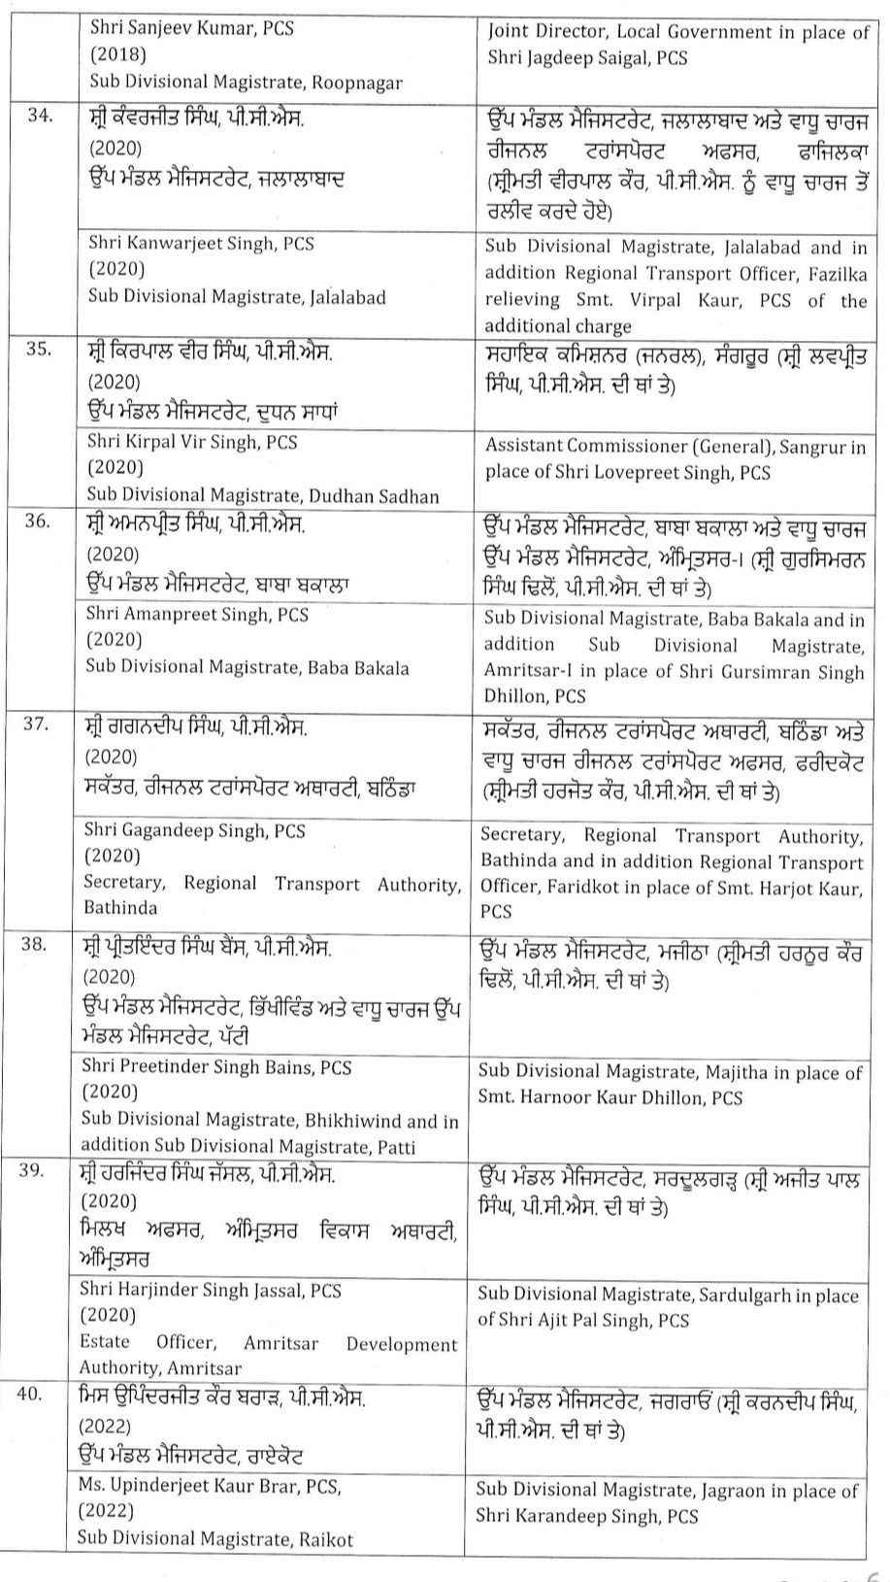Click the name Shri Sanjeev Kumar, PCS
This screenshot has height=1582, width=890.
point(191,29)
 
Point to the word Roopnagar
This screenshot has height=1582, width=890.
point(354,83)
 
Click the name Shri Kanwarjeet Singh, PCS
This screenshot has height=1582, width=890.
point(201,243)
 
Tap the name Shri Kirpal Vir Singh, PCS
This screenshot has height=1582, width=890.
point(192,442)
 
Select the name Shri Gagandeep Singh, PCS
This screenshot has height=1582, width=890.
point(194,830)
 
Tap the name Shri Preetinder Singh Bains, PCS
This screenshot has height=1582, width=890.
point(216,1067)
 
